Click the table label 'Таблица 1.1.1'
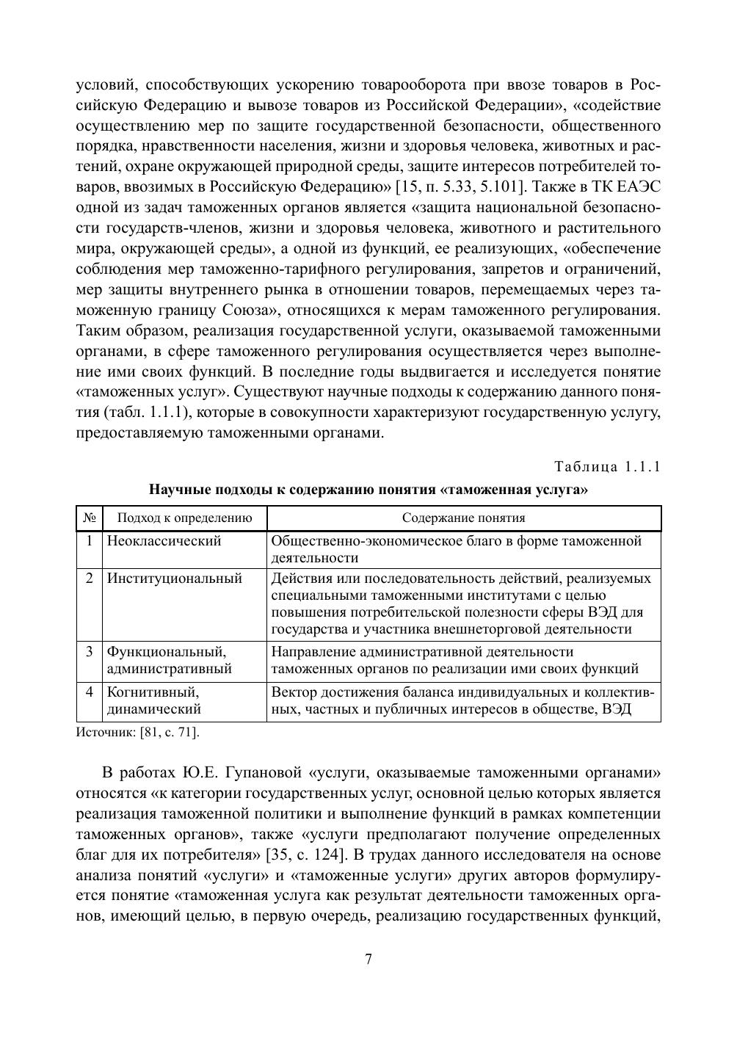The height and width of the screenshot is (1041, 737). coord(607,467)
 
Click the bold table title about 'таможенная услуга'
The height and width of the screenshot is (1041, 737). coord(368,489)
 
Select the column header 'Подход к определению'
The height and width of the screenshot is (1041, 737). coord(184,518)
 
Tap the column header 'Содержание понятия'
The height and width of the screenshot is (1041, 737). coord(463,518)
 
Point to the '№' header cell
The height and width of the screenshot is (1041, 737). coord(90,518)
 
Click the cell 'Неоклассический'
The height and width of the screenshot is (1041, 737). coord(164,542)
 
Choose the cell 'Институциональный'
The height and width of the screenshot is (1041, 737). coord(175,578)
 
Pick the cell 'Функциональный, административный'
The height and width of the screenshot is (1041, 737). coord(170,660)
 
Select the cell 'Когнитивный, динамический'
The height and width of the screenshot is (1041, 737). coord(154,700)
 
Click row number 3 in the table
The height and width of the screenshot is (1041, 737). coord(90,652)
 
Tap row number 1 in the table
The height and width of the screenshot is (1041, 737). coord(90,542)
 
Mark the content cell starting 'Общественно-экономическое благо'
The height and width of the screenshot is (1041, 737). coord(457,549)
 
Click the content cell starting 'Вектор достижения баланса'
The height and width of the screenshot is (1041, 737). coord(462,700)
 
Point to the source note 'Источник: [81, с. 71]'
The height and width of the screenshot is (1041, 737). coord(137,732)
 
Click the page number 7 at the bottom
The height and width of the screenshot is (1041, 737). coord(368,960)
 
